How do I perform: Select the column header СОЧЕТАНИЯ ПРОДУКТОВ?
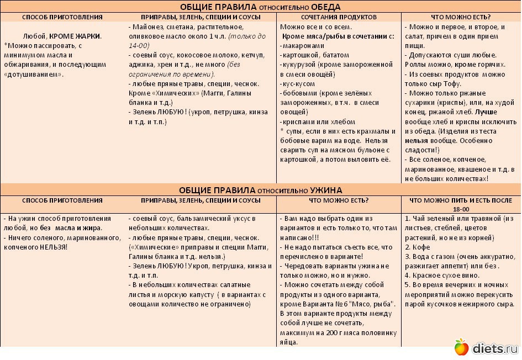click(x=339, y=17)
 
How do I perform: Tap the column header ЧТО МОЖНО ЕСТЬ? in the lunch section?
click(x=461, y=17)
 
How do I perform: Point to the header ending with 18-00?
click(x=461, y=209)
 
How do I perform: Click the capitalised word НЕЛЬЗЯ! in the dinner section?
click(x=52, y=247)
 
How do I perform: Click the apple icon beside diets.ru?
click(x=461, y=347)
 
